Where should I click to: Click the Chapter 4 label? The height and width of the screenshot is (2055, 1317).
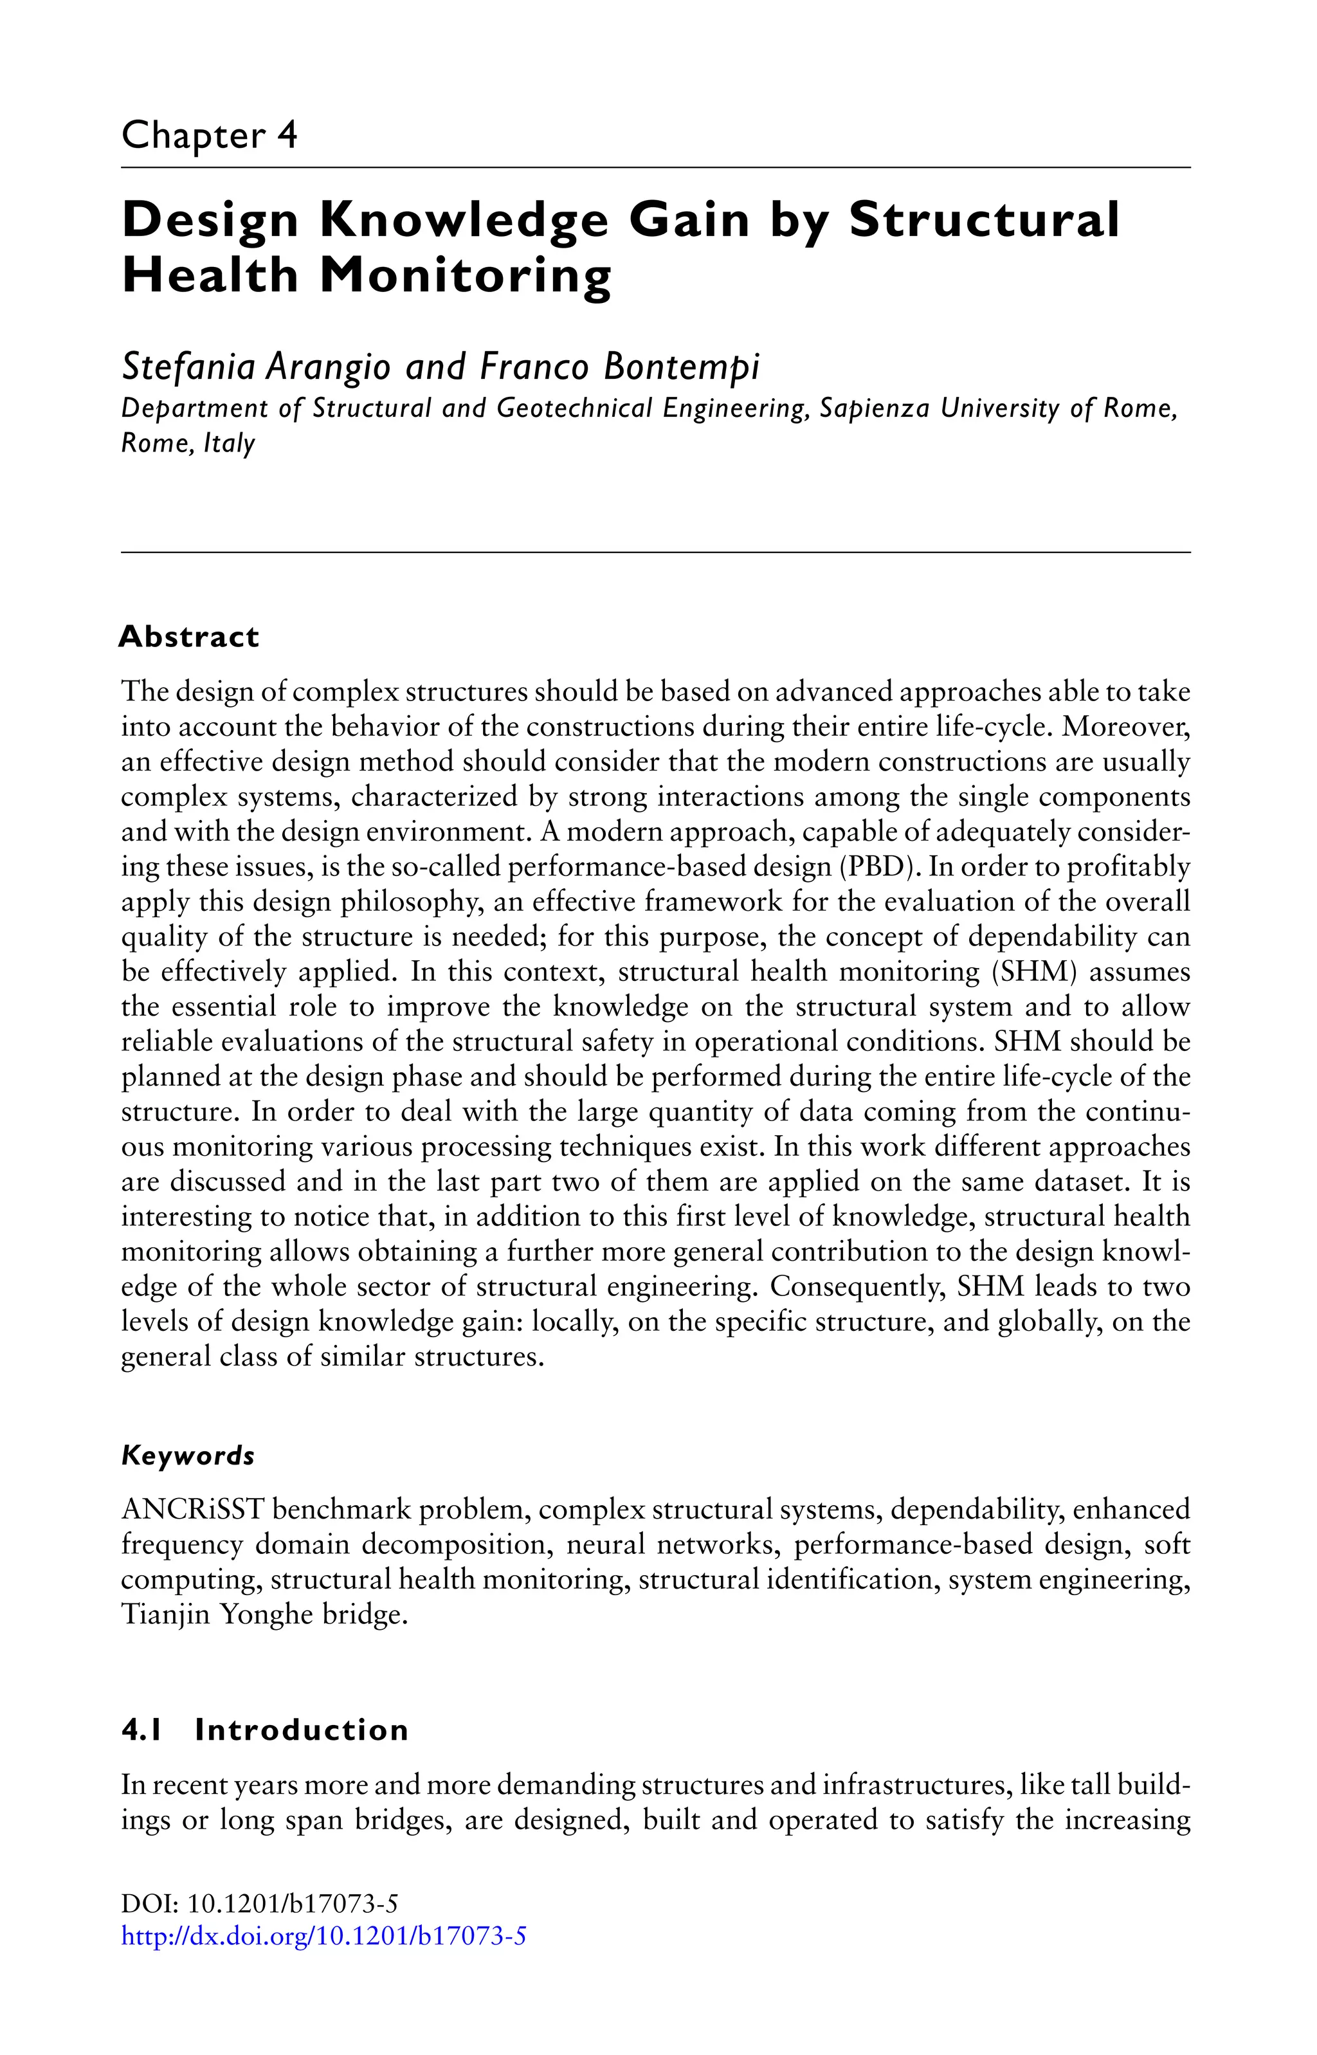pyautogui.click(x=210, y=136)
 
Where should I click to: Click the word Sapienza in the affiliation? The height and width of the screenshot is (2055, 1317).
pyautogui.click(x=874, y=409)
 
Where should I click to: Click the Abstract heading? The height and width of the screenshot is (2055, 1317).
pyautogui.click(x=189, y=637)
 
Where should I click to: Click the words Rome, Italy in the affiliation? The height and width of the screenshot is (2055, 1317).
pyautogui.click(x=188, y=444)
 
